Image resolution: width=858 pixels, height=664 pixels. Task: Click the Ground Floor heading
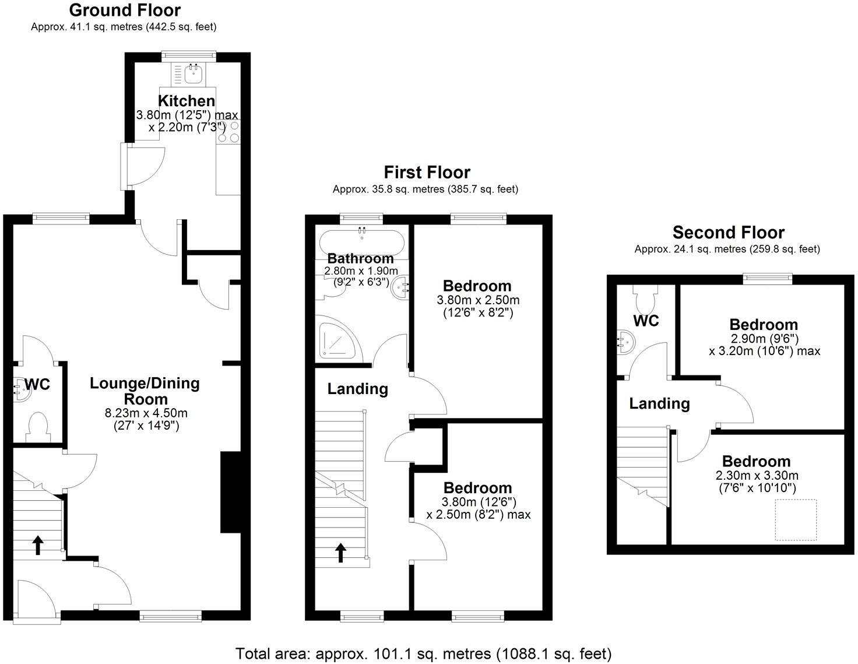(x=125, y=10)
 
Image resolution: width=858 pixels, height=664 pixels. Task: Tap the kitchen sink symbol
(x=192, y=75)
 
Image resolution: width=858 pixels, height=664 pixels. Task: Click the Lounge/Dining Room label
(x=145, y=391)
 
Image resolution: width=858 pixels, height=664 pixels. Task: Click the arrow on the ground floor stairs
(x=38, y=545)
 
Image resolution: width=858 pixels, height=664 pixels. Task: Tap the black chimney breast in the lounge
(x=230, y=493)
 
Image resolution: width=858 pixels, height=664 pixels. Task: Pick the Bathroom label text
(x=360, y=258)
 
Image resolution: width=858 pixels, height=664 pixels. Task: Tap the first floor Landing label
(x=357, y=389)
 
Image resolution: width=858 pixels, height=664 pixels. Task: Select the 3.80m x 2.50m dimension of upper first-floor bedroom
(x=478, y=301)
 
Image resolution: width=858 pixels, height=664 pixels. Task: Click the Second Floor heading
(x=728, y=232)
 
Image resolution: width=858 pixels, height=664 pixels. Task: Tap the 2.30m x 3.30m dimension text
(x=757, y=475)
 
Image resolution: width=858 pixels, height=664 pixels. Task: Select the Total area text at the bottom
(x=423, y=653)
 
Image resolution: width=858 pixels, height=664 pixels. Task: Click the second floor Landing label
(x=659, y=403)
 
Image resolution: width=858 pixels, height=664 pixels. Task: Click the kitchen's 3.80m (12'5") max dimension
(x=187, y=115)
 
